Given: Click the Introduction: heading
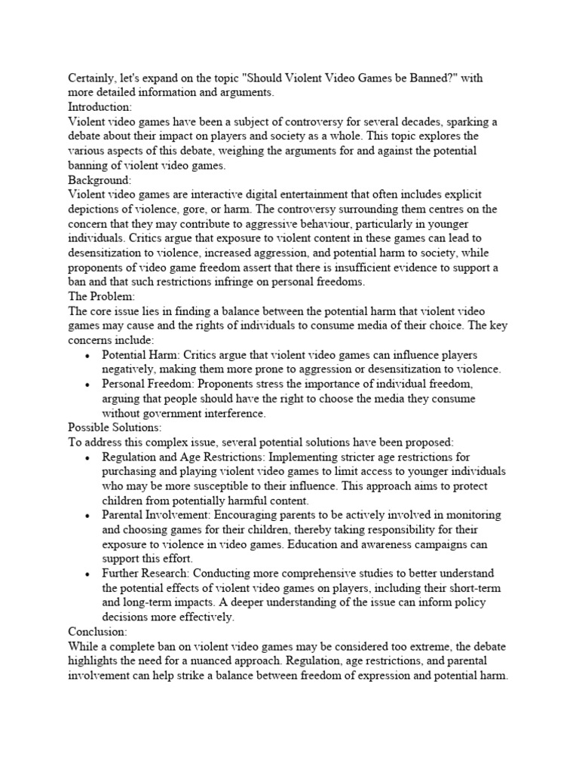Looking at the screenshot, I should (100, 107).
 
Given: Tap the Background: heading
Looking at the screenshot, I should (100, 180).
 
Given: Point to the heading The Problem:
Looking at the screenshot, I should (101, 296).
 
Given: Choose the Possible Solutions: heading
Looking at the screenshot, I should (115, 427).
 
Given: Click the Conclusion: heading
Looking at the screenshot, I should (97, 632).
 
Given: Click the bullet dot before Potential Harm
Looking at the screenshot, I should (88, 355).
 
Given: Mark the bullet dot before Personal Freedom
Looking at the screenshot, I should (88, 384).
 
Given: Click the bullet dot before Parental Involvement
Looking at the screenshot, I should (88, 516).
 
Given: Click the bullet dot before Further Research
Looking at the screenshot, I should (88, 574).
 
